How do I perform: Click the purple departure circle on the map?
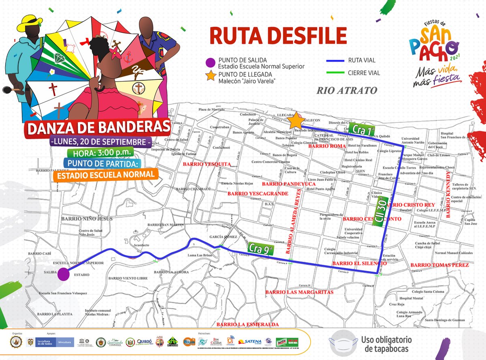(x=63, y=274)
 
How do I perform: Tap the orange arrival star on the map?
(x=296, y=121)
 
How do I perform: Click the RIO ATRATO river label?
(x=347, y=90)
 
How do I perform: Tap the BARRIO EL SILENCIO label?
(x=359, y=264)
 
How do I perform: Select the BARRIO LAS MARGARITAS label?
(x=299, y=292)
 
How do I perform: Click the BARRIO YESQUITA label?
(x=207, y=164)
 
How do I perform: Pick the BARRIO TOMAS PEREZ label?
(x=439, y=265)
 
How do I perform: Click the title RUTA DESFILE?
(x=278, y=36)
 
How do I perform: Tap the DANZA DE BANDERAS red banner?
(x=98, y=127)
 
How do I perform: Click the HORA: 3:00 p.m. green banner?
(x=103, y=152)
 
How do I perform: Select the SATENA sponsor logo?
(x=252, y=341)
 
